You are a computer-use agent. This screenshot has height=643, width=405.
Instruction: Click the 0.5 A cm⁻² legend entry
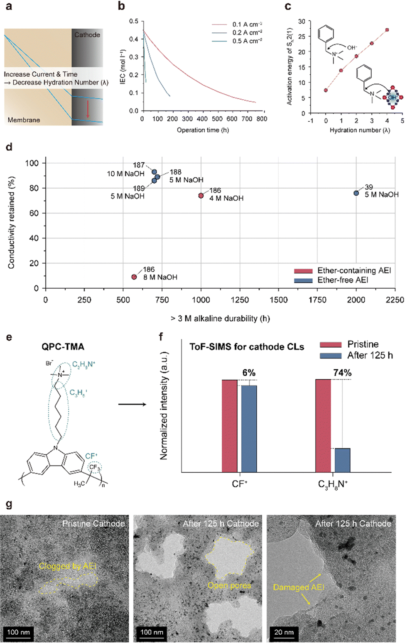247,41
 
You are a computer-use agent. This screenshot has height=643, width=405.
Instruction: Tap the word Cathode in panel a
87,35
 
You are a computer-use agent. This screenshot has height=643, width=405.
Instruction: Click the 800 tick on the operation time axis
262,119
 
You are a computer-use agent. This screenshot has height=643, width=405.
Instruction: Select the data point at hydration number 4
387,30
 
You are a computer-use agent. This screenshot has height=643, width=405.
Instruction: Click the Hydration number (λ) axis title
360,130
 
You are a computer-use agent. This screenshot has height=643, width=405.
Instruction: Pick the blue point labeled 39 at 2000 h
356,193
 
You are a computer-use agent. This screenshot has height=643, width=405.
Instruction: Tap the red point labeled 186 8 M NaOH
134,277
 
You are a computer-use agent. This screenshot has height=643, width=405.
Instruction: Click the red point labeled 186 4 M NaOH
201,196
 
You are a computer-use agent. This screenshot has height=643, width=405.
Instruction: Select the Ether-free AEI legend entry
343,280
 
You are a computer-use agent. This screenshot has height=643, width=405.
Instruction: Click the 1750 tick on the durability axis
317,300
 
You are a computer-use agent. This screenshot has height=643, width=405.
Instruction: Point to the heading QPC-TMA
63,347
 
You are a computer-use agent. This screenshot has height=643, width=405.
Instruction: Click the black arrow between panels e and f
132,404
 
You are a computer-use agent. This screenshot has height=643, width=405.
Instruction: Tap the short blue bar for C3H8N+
342,460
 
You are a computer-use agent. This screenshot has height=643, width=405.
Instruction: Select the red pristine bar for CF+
229,426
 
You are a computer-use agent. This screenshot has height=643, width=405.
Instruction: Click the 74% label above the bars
342,373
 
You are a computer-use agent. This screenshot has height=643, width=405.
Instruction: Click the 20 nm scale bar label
284,632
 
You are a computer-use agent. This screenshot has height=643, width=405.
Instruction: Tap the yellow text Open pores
229,585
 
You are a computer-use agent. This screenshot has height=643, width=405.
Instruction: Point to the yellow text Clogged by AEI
68,566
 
